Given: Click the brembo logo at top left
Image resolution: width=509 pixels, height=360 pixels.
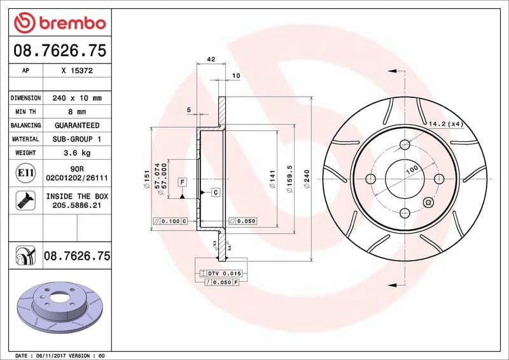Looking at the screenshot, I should tap(60, 23).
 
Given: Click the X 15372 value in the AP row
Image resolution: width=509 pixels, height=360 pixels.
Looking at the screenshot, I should tap(77, 71).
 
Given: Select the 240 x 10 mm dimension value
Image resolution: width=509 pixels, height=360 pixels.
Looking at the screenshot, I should tap(77, 99).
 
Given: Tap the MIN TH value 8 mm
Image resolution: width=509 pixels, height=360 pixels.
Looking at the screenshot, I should tap(77, 112).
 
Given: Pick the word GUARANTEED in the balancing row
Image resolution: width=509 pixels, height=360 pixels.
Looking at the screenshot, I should tap(77, 125).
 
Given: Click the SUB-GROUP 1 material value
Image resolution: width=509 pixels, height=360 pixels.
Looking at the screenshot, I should tap(77, 139).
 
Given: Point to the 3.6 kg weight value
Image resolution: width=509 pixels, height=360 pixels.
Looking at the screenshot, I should tap(77, 153).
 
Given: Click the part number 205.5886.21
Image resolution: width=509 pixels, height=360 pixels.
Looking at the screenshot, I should tap(77, 205).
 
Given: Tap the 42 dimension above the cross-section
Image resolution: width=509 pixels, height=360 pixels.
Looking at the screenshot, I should tap(211, 60).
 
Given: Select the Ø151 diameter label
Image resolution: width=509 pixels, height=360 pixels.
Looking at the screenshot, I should tap(147, 179).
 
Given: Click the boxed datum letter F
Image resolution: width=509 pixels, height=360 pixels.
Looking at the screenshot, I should tap(182, 182).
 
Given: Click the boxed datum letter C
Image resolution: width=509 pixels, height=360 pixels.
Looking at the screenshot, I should tap(215, 192).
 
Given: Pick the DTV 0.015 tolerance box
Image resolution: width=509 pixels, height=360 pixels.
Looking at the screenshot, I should tap(219, 272).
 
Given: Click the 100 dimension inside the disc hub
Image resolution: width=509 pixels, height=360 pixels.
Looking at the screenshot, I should tap(411, 169).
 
